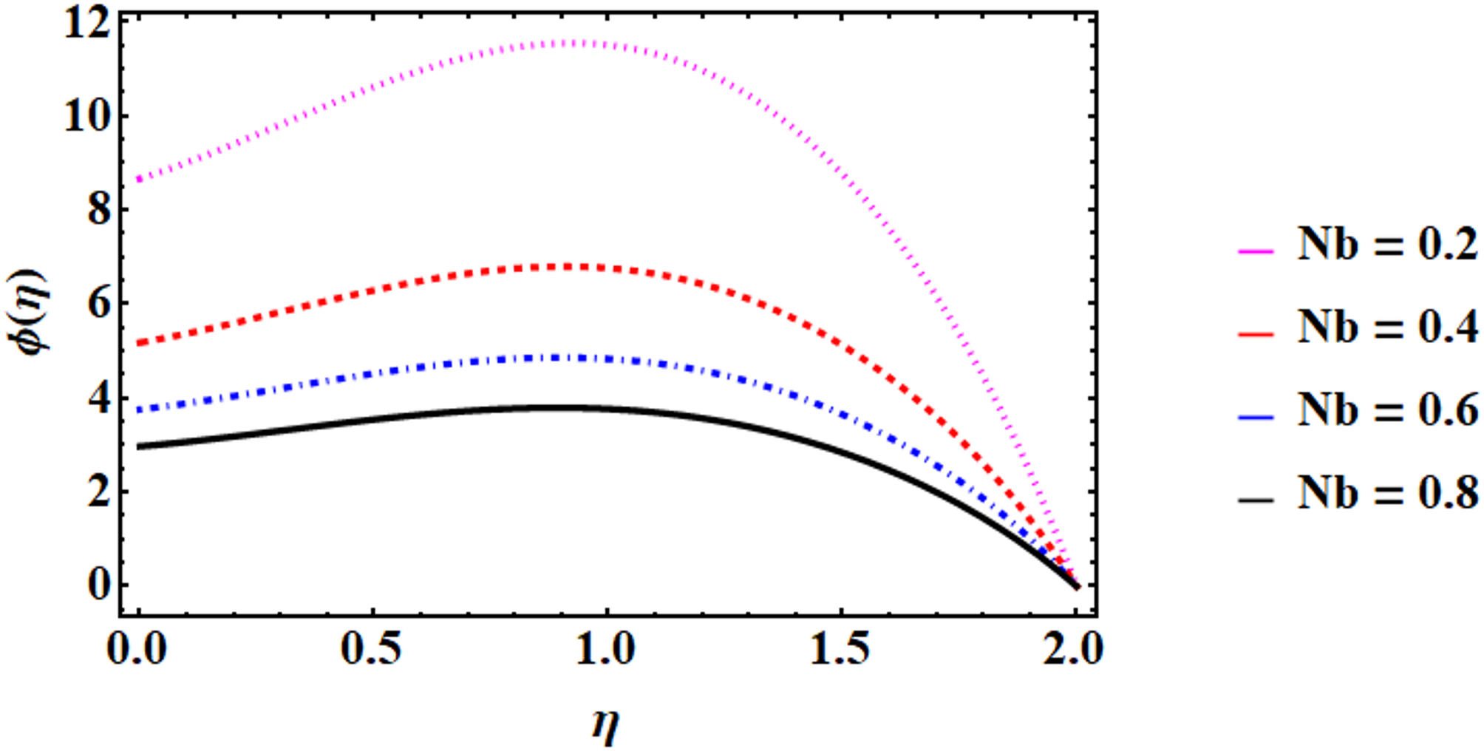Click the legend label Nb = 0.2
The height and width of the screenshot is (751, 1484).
[1387, 245]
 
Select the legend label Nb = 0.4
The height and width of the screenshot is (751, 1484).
[1387, 327]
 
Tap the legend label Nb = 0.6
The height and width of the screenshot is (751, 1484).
[1387, 410]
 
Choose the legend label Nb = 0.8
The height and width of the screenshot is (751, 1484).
[1387, 492]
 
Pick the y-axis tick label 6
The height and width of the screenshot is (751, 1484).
[98, 304]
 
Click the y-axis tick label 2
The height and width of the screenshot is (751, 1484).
[98, 492]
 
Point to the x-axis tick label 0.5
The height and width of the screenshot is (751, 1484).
[372, 650]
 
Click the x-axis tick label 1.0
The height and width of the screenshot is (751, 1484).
[606, 650]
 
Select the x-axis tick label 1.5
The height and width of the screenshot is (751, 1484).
[840, 650]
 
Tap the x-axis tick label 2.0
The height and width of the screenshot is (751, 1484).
[1074, 650]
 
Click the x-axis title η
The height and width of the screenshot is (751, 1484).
[605, 725]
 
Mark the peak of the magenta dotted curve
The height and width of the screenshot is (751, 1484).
[584, 43]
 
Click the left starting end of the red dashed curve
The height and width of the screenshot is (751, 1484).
[139, 344]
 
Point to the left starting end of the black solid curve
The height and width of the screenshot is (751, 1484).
[139, 446]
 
